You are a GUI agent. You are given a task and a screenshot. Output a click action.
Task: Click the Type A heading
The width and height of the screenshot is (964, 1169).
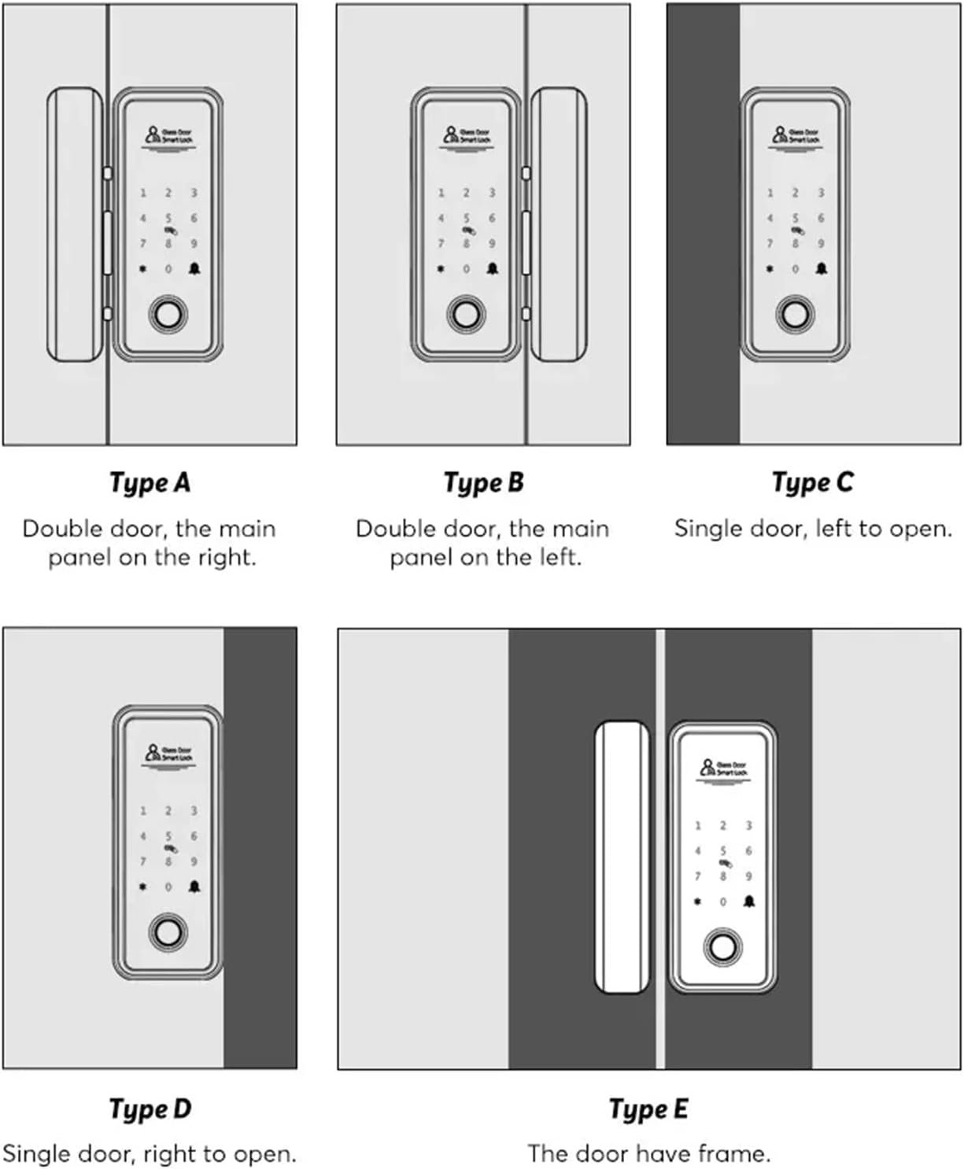click(x=150, y=482)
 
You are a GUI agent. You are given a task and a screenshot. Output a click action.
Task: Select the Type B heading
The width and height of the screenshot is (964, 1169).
click(x=483, y=482)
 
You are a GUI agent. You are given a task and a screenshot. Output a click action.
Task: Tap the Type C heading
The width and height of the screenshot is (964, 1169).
click(x=812, y=482)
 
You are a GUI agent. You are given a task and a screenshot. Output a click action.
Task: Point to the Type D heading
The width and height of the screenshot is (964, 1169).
click(x=150, y=1108)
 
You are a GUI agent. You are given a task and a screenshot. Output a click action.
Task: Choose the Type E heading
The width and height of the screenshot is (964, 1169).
click(x=648, y=1108)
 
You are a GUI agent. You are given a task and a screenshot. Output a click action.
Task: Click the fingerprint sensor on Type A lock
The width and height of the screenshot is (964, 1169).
click(x=168, y=315)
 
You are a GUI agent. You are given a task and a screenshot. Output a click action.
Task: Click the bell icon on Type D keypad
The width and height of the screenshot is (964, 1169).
click(x=194, y=887)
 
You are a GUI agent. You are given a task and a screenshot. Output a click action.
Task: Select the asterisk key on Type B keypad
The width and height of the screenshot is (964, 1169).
click(x=441, y=269)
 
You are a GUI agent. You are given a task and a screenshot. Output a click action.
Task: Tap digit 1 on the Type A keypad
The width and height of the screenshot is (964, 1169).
click(x=143, y=193)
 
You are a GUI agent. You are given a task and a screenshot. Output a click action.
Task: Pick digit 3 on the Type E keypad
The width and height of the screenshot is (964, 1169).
click(x=748, y=825)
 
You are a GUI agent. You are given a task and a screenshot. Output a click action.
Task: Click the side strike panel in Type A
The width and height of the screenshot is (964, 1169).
click(x=75, y=224)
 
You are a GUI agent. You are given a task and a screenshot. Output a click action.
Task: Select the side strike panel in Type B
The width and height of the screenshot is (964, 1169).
click(x=559, y=224)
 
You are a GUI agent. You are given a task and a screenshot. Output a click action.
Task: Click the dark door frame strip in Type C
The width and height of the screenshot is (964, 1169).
click(x=703, y=224)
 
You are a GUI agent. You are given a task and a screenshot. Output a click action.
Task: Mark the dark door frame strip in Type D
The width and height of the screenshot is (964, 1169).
click(x=260, y=847)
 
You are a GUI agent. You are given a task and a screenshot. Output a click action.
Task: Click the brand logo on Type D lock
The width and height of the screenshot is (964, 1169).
click(x=168, y=753)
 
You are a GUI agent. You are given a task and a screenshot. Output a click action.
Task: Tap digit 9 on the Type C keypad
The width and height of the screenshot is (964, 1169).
click(x=821, y=244)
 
